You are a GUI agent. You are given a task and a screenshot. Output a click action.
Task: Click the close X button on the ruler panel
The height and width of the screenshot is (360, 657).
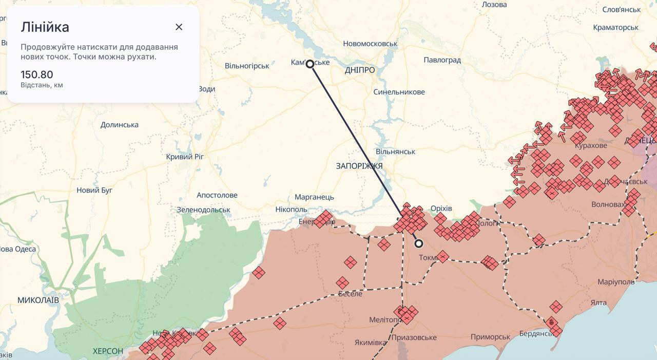tap(179, 27)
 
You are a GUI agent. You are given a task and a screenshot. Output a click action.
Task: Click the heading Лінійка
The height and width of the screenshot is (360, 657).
tap(45, 27)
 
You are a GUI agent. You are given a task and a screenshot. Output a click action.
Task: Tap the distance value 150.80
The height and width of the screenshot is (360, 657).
tap(37, 74)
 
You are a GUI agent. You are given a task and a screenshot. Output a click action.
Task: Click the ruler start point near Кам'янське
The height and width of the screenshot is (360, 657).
tap(310, 64)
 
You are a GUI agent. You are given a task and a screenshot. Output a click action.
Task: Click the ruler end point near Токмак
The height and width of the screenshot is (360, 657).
tap(419, 243)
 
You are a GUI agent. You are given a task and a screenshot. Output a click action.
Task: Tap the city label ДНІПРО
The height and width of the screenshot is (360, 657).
tap(360, 70)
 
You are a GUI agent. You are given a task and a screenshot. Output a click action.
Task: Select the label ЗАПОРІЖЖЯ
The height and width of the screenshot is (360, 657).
tap(359, 166)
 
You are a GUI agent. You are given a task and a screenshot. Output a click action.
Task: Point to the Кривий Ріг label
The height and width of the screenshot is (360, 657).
tap(185, 157)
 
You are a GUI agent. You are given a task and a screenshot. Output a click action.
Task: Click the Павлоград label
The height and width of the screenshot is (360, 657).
tap(442, 60)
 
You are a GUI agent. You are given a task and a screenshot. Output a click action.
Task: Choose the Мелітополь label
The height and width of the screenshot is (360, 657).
tap(384, 320)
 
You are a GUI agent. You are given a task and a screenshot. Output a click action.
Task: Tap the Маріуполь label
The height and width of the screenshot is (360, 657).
tap(616, 282)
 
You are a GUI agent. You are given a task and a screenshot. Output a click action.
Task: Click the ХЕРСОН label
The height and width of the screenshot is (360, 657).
tap(108, 351)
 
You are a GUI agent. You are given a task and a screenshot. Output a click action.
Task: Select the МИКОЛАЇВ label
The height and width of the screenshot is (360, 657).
tap(38, 300)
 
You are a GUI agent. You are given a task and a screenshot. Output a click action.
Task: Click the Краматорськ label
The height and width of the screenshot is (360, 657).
tap(615, 27)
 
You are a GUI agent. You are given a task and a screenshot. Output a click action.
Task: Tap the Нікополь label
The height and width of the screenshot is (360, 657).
tap(291, 210)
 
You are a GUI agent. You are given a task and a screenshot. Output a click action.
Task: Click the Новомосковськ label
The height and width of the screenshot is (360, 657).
tap(370, 44)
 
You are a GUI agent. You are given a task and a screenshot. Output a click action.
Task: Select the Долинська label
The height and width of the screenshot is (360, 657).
tap(120, 125)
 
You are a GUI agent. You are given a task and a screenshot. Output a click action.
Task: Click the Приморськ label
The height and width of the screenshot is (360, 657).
tap(491, 337)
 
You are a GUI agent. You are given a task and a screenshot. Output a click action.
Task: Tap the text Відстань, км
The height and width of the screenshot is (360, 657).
tap(42, 85)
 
